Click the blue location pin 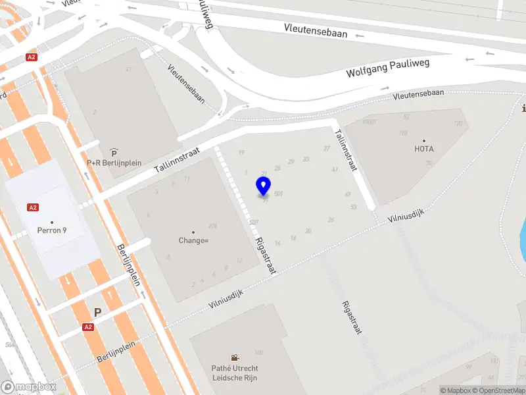[264, 186]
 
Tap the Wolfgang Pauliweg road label [387, 68]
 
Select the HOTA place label [424, 149]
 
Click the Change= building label [193, 240]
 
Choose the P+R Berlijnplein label [114, 163]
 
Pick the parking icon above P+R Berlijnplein [114, 152]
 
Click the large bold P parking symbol [98, 313]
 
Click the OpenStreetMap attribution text [498, 390]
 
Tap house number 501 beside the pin [279, 194]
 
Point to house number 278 [212, 226]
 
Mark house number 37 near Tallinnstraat [327, 149]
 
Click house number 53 [354, 207]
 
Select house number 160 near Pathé [258, 352]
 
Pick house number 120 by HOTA [458, 124]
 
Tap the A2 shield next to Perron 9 [32, 207]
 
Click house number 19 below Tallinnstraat [241, 153]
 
